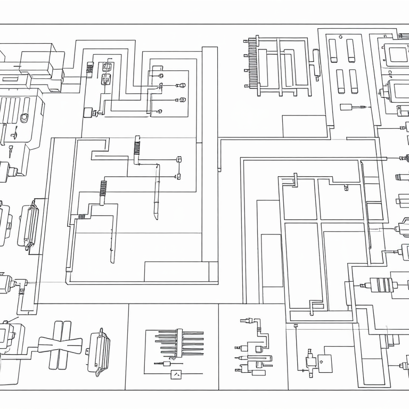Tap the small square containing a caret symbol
(x=176, y=374)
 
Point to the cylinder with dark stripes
(x=381, y=284)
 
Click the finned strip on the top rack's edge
(x=248, y=63)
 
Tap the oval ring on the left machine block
(x=24, y=117)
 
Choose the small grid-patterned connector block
(x=90, y=68)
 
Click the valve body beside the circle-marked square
(x=309, y=362)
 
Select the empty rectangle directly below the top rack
(x=304, y=126)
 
